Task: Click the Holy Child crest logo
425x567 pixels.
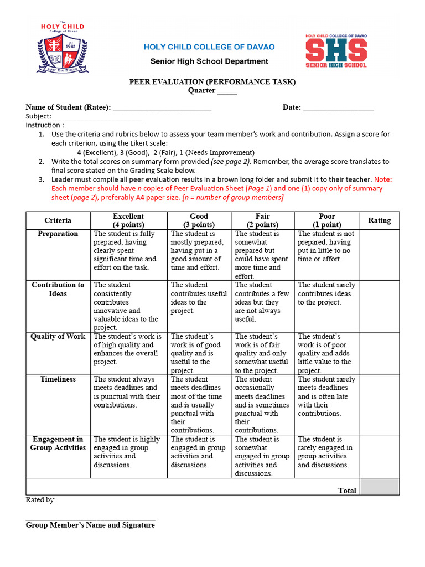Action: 63,49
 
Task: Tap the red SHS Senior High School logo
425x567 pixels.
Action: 336,51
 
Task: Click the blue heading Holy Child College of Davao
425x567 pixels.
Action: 209,47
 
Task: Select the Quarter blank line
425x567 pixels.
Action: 227,92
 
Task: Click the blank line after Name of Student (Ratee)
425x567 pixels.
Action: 162,108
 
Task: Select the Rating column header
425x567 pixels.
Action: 379,220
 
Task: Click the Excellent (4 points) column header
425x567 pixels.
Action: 128,220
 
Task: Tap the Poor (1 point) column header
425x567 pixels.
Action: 326,220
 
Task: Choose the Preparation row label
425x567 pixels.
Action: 58,234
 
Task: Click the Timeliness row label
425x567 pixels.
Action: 58,379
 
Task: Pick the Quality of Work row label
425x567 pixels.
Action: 58,337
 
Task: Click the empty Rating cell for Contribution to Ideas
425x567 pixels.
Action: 379,306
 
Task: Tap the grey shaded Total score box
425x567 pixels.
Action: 379,487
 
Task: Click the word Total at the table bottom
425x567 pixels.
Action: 347,491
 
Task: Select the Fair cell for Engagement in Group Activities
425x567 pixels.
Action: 262,456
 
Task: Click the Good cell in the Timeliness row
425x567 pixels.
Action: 198,404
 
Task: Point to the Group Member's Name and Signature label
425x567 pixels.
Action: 90,525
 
